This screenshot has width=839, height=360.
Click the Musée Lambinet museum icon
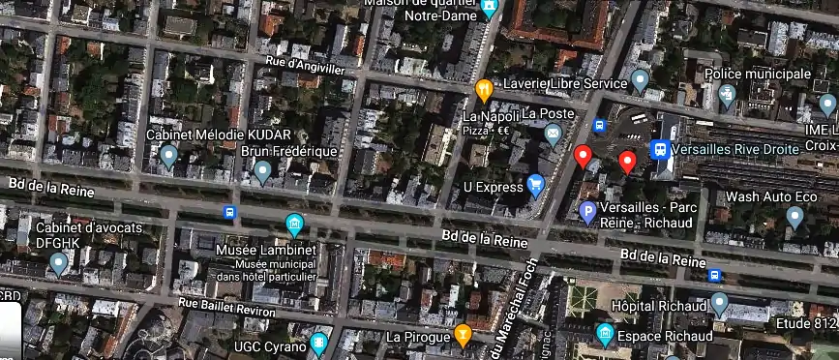click(294, 225)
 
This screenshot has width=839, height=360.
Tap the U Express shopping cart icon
click(536, 184)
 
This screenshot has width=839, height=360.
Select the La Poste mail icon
click(553, 134)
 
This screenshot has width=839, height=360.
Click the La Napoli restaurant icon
click(485, 89)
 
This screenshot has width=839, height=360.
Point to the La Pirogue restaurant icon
click(464, 335)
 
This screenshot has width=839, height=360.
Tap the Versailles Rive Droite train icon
click(660, 149)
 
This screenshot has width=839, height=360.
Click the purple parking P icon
click(586, 211)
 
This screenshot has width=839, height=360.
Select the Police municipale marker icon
click(728, 95)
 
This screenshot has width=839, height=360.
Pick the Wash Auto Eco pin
click(794, 216)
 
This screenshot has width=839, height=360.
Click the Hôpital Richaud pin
click(719, 304)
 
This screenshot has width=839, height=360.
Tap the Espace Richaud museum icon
click(605, 335)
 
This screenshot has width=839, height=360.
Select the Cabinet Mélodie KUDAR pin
click(168, 155)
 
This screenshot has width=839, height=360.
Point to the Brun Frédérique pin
click(262, 171)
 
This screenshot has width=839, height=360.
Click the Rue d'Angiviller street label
click(313, 68)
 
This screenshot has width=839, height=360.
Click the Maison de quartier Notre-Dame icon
click(490, 9)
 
